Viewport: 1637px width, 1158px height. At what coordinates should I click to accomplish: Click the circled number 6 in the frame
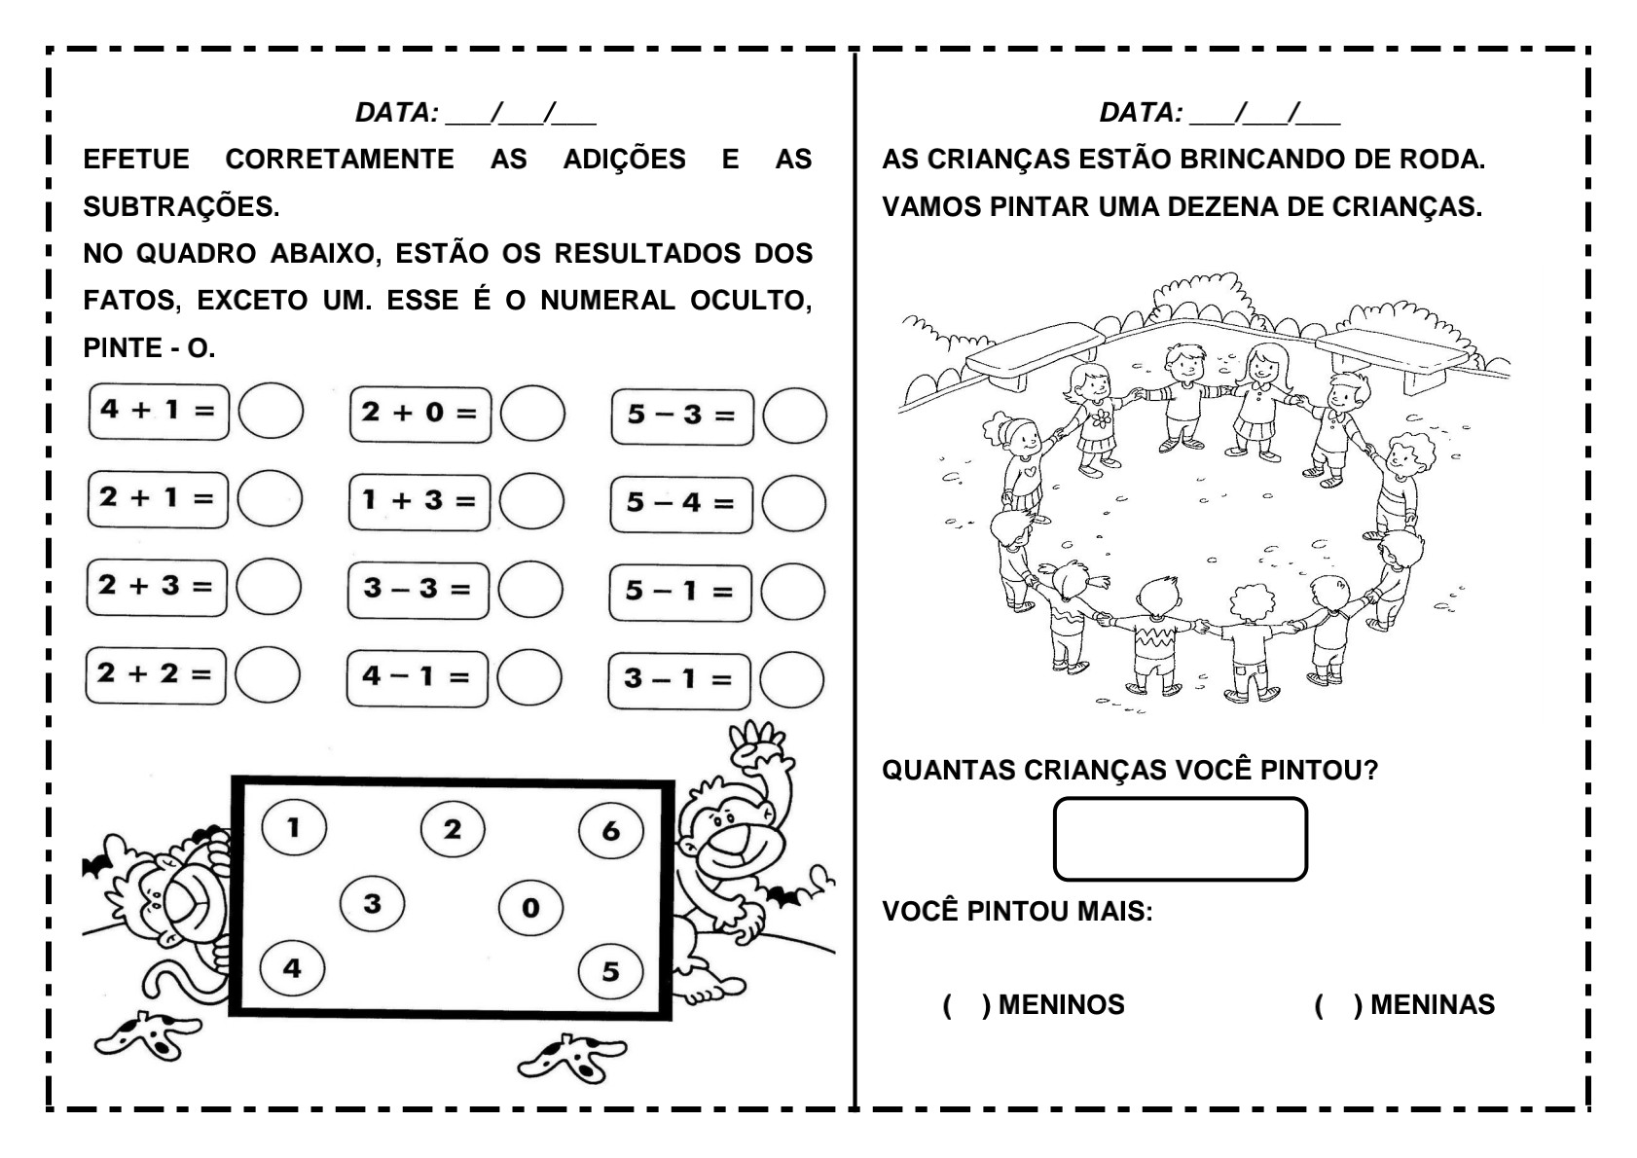[610, 830]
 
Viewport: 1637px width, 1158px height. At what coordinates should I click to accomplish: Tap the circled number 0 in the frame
[530, 908]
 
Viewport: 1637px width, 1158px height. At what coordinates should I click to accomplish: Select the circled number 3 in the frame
[372, 904]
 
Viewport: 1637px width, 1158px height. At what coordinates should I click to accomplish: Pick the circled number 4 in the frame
[292, 968]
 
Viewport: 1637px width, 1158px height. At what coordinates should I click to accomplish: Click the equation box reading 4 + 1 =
[159, 411]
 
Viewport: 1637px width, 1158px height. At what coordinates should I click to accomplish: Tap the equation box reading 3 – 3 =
[418, 589]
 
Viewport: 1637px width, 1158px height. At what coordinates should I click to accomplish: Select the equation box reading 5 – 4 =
[681, 503]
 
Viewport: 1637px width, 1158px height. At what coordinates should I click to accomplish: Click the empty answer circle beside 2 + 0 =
[532, 414]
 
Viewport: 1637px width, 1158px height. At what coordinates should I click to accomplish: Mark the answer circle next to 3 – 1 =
[792, 679]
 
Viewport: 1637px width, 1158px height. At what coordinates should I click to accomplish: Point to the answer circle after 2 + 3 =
[269, 587]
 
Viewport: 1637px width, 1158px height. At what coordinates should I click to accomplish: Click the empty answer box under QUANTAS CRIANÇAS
[1180, 839]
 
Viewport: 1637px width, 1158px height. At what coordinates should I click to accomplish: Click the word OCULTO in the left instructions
[750, 301]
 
